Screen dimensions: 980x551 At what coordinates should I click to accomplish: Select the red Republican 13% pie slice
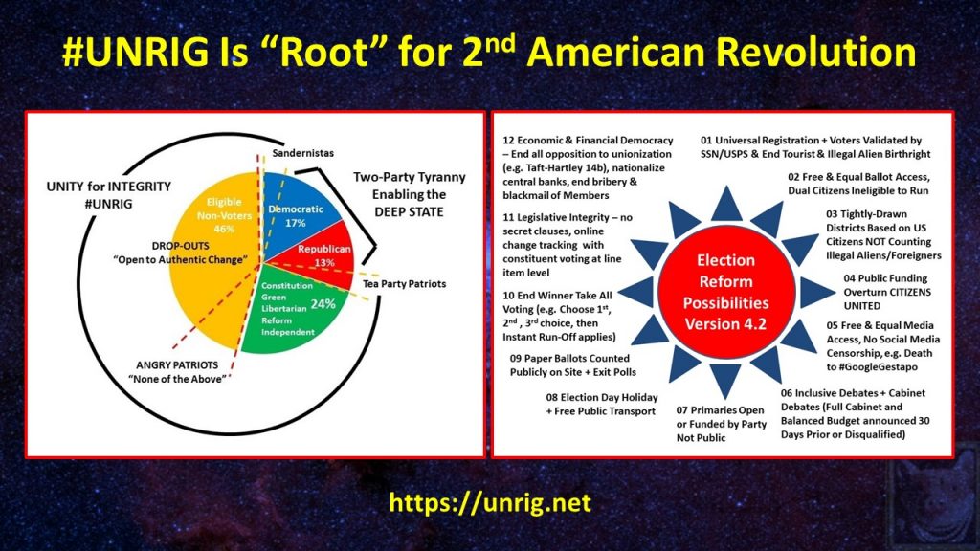tap(322, 256)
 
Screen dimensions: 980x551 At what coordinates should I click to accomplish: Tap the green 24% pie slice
tap(294, 309)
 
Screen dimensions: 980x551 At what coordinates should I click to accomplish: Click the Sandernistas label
tap(303, 153)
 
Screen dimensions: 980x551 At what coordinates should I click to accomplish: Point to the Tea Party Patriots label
tap(405, 283)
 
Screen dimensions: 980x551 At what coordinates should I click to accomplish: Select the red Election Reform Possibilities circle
tap(725, 292)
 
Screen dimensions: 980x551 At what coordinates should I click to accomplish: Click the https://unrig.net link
tap(490, 502)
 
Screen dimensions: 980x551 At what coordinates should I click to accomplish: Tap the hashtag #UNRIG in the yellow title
tap(136, 52)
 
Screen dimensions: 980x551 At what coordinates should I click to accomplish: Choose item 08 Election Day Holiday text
tap(601, 405)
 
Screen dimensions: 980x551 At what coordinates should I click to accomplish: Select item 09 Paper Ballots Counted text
tap(572, 364)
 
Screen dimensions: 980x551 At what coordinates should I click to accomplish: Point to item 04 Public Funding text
tap(887, 292)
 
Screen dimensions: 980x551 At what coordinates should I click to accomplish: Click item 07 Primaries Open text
tap(722, 424)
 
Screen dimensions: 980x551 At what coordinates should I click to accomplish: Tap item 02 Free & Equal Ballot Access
tap(858, 184)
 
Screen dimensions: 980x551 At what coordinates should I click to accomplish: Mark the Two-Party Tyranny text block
tap(410, 194)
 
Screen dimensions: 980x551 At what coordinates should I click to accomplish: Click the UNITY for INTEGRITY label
tap(109, 195)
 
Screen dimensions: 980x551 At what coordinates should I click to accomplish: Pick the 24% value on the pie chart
tap(323, 303)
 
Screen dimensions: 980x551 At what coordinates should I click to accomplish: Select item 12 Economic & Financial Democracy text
tap(588, 167)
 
